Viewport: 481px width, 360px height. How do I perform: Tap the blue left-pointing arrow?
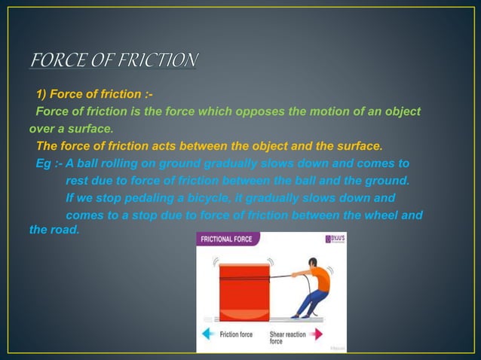(209, 334)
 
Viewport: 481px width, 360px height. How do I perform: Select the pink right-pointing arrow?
(316, 334)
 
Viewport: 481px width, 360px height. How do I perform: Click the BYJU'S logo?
(334, 239)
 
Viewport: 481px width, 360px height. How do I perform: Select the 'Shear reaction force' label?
(287, 337)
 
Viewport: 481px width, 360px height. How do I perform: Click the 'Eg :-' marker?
(49, 163)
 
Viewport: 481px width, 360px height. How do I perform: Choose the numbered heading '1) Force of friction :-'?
(94, 95)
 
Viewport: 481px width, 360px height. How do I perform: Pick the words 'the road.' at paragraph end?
(54, 229)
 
